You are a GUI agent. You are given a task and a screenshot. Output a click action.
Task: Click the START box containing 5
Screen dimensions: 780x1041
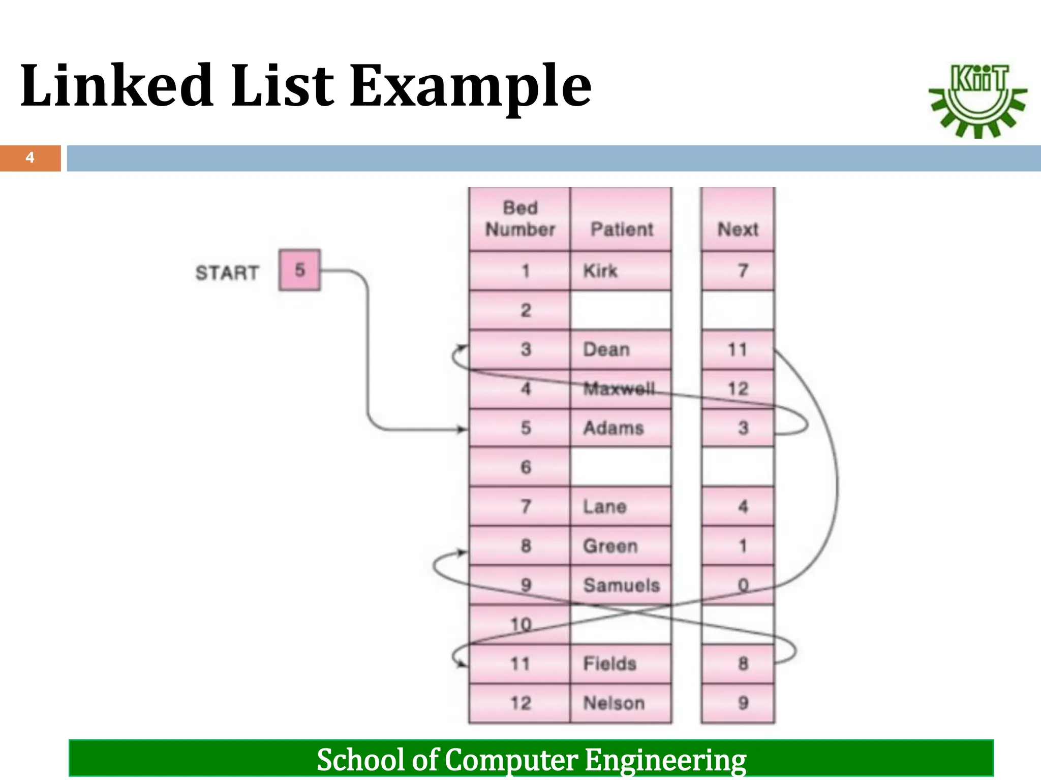click(299, 270)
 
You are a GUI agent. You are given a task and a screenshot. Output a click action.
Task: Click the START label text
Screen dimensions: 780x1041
click(227, 273)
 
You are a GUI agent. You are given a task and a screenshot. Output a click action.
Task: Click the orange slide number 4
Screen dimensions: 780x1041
click(30, 158)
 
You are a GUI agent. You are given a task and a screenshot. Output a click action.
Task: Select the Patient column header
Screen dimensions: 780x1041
click(621, 229)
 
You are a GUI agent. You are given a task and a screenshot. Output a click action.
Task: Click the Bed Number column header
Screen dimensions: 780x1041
click(519, 219)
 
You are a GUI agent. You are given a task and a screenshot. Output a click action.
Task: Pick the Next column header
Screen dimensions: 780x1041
click(738, 229)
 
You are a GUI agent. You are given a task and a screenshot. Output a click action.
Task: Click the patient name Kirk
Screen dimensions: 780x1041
click(600, 271)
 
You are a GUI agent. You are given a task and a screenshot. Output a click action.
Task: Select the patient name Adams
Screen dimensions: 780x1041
click(613, 428)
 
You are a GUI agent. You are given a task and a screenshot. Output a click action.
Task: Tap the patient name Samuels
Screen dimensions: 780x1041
click(621, 585)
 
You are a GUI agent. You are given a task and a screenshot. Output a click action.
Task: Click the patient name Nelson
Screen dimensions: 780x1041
click(614, 703)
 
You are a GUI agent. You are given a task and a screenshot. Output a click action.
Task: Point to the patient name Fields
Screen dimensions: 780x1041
click(609, 663)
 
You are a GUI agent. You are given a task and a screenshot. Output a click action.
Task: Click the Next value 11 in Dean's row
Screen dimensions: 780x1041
click(737, 349)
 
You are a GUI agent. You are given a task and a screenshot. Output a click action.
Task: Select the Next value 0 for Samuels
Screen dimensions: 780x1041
click(743, 585)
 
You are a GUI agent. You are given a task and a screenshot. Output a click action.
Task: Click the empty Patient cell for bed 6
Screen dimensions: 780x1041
click(621, 467)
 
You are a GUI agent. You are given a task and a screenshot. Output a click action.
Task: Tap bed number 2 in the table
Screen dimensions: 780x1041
click(526, 310)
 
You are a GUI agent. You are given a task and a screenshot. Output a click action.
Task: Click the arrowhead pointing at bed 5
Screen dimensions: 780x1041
click(462, 430)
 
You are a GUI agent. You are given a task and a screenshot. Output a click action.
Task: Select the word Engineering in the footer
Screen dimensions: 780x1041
click(665, 760)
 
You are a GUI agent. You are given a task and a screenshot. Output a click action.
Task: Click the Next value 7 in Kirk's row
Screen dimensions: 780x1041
click(743, 271)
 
